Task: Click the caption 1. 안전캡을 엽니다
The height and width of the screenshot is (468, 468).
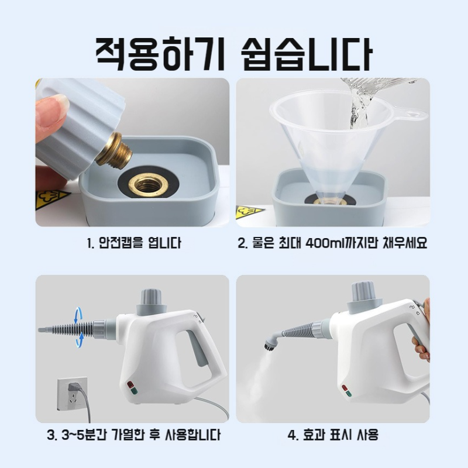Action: pyautogui.click(x=131, y=243)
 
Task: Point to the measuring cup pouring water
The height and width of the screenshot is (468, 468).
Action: pyautogui.click(x=369, y=94)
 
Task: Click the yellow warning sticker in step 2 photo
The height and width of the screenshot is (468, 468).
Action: pyautogui.click(x=249, y=212)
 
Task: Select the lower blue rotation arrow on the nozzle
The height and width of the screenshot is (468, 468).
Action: pyautogui.click(x=78, y=341)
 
